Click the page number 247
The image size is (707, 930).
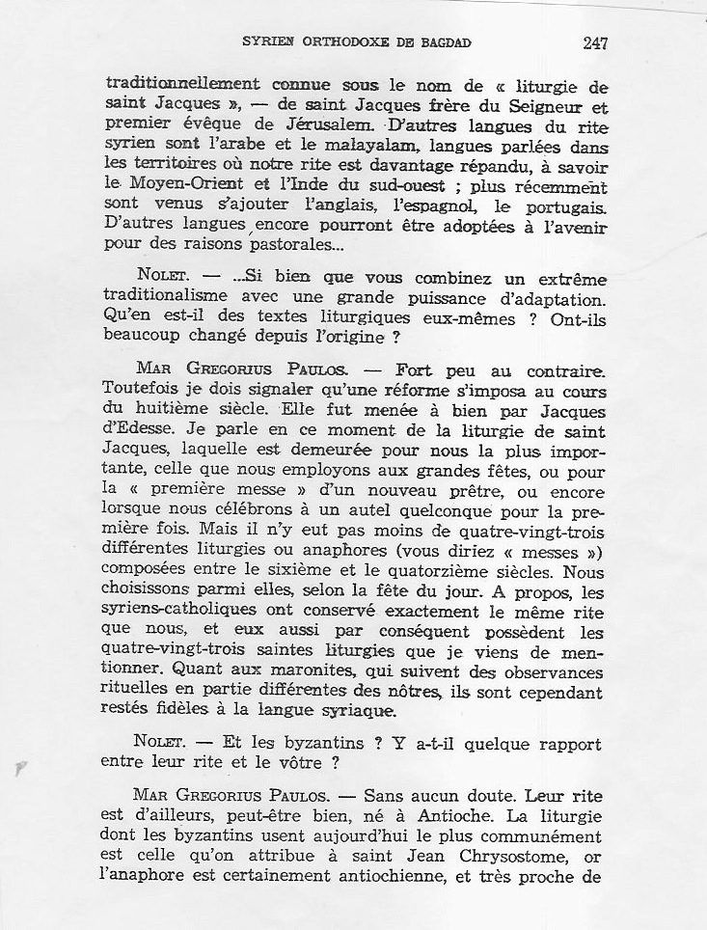[595, 43]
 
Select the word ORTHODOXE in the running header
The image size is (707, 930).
[339, 43]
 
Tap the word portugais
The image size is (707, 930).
[567, 206]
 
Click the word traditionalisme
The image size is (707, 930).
[164, 298]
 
